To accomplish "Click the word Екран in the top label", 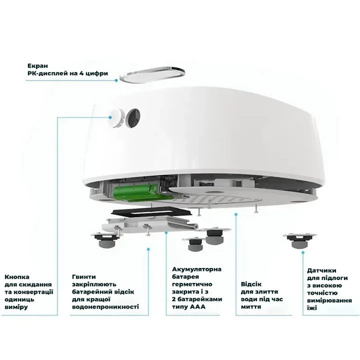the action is (x=38, y=66).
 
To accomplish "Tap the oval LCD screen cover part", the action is (x=153, y=74).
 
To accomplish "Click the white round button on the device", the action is (x=117, y=118).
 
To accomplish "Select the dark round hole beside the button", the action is (x=134, y=118).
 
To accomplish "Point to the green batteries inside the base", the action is (x=136, y=191).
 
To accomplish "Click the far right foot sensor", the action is (x=300, y=241).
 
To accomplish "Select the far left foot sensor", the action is (x=106, y=239).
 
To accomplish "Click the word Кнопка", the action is (x=17, y=277).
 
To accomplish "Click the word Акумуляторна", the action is (x=197, y=269).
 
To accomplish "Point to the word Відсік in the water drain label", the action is (x=251, y=284).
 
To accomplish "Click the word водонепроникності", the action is (x=105, y=307).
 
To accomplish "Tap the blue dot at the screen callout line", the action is (x=117, y=81).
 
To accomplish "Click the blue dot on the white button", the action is (x=110, y=117).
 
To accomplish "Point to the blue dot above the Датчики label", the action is (x=303, y=253).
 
